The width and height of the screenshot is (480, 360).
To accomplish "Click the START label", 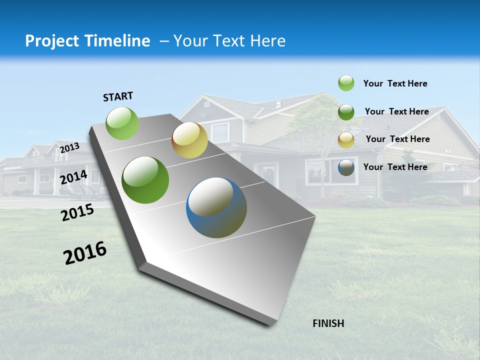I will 118,96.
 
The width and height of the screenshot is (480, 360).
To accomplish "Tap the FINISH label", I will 328,323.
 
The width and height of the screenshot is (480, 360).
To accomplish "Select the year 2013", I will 69,148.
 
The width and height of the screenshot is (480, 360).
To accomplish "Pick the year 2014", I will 73,177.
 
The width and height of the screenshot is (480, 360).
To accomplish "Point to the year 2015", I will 77,212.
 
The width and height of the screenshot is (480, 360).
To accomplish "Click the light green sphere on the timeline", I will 122,123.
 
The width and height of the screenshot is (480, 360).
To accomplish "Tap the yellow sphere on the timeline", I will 189,140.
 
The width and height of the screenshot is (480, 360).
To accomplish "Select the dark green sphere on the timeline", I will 145,180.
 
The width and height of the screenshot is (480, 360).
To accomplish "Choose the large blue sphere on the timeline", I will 216,207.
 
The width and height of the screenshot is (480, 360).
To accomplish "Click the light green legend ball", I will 346,83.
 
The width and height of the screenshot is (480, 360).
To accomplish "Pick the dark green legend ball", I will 346,112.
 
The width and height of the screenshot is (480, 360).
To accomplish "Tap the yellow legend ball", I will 346,140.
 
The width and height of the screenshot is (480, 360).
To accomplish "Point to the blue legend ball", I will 346,167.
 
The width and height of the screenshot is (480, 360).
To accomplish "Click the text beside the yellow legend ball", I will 397,139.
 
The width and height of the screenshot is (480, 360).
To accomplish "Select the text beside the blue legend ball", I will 395,167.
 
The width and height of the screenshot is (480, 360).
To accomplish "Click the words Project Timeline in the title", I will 87,41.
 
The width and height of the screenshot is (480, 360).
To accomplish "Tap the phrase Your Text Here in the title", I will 229,41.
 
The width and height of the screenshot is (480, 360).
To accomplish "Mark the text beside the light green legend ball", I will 395,83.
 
